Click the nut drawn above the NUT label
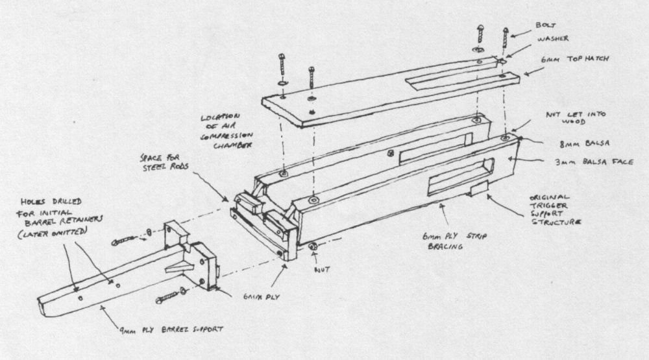tap(312, 246)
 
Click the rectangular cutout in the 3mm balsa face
tap(463, 173)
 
